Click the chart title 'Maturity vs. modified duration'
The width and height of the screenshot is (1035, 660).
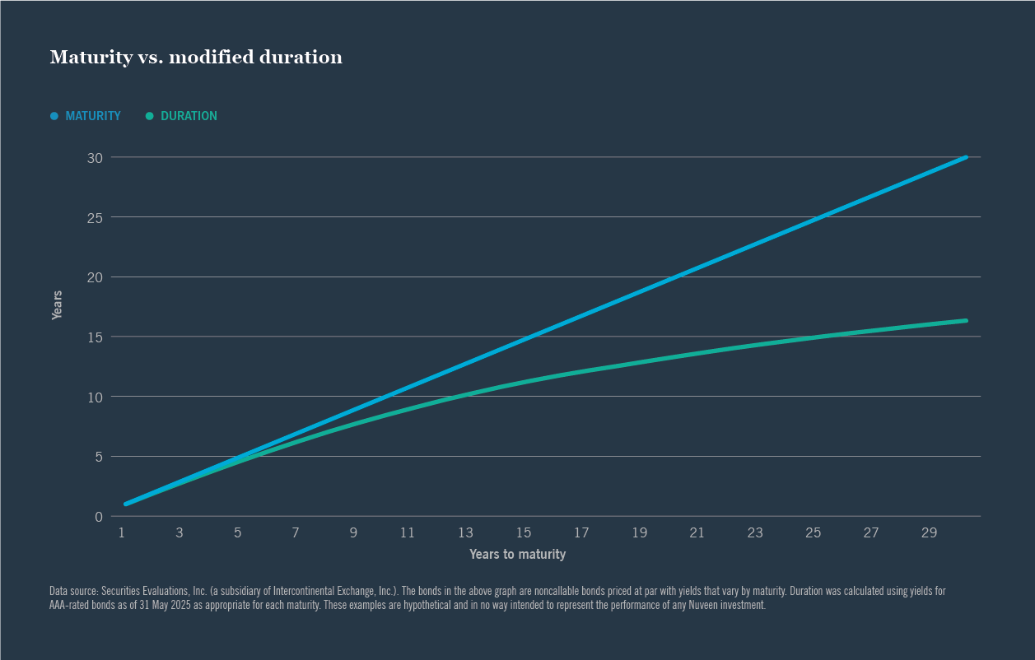click(x=196, y=57)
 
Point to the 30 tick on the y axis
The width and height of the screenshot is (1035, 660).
click(x=95, y=157)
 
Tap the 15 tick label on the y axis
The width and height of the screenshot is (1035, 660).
click(x=95, y=337)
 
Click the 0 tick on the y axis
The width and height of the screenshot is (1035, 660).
click(x=98, y=516)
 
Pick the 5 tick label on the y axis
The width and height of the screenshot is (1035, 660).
click(x=98, y=456)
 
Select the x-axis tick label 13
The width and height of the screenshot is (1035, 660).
click(x=466, y=533)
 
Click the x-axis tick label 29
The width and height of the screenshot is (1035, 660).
click(x=929, y=533)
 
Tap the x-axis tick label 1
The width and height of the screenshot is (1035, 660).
click(x=121, y=533)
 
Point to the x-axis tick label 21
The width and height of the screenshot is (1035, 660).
click(x=697, y=533)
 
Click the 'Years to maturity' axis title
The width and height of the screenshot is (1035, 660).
click(x=517, y=555)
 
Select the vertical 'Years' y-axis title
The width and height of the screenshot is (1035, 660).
click(x=57, y=304)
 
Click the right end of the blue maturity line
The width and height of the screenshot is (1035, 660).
click(x=965, y=157)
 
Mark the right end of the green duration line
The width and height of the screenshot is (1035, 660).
click(x=965, y=320)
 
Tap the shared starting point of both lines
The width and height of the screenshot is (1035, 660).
click(x=125, y=504)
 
